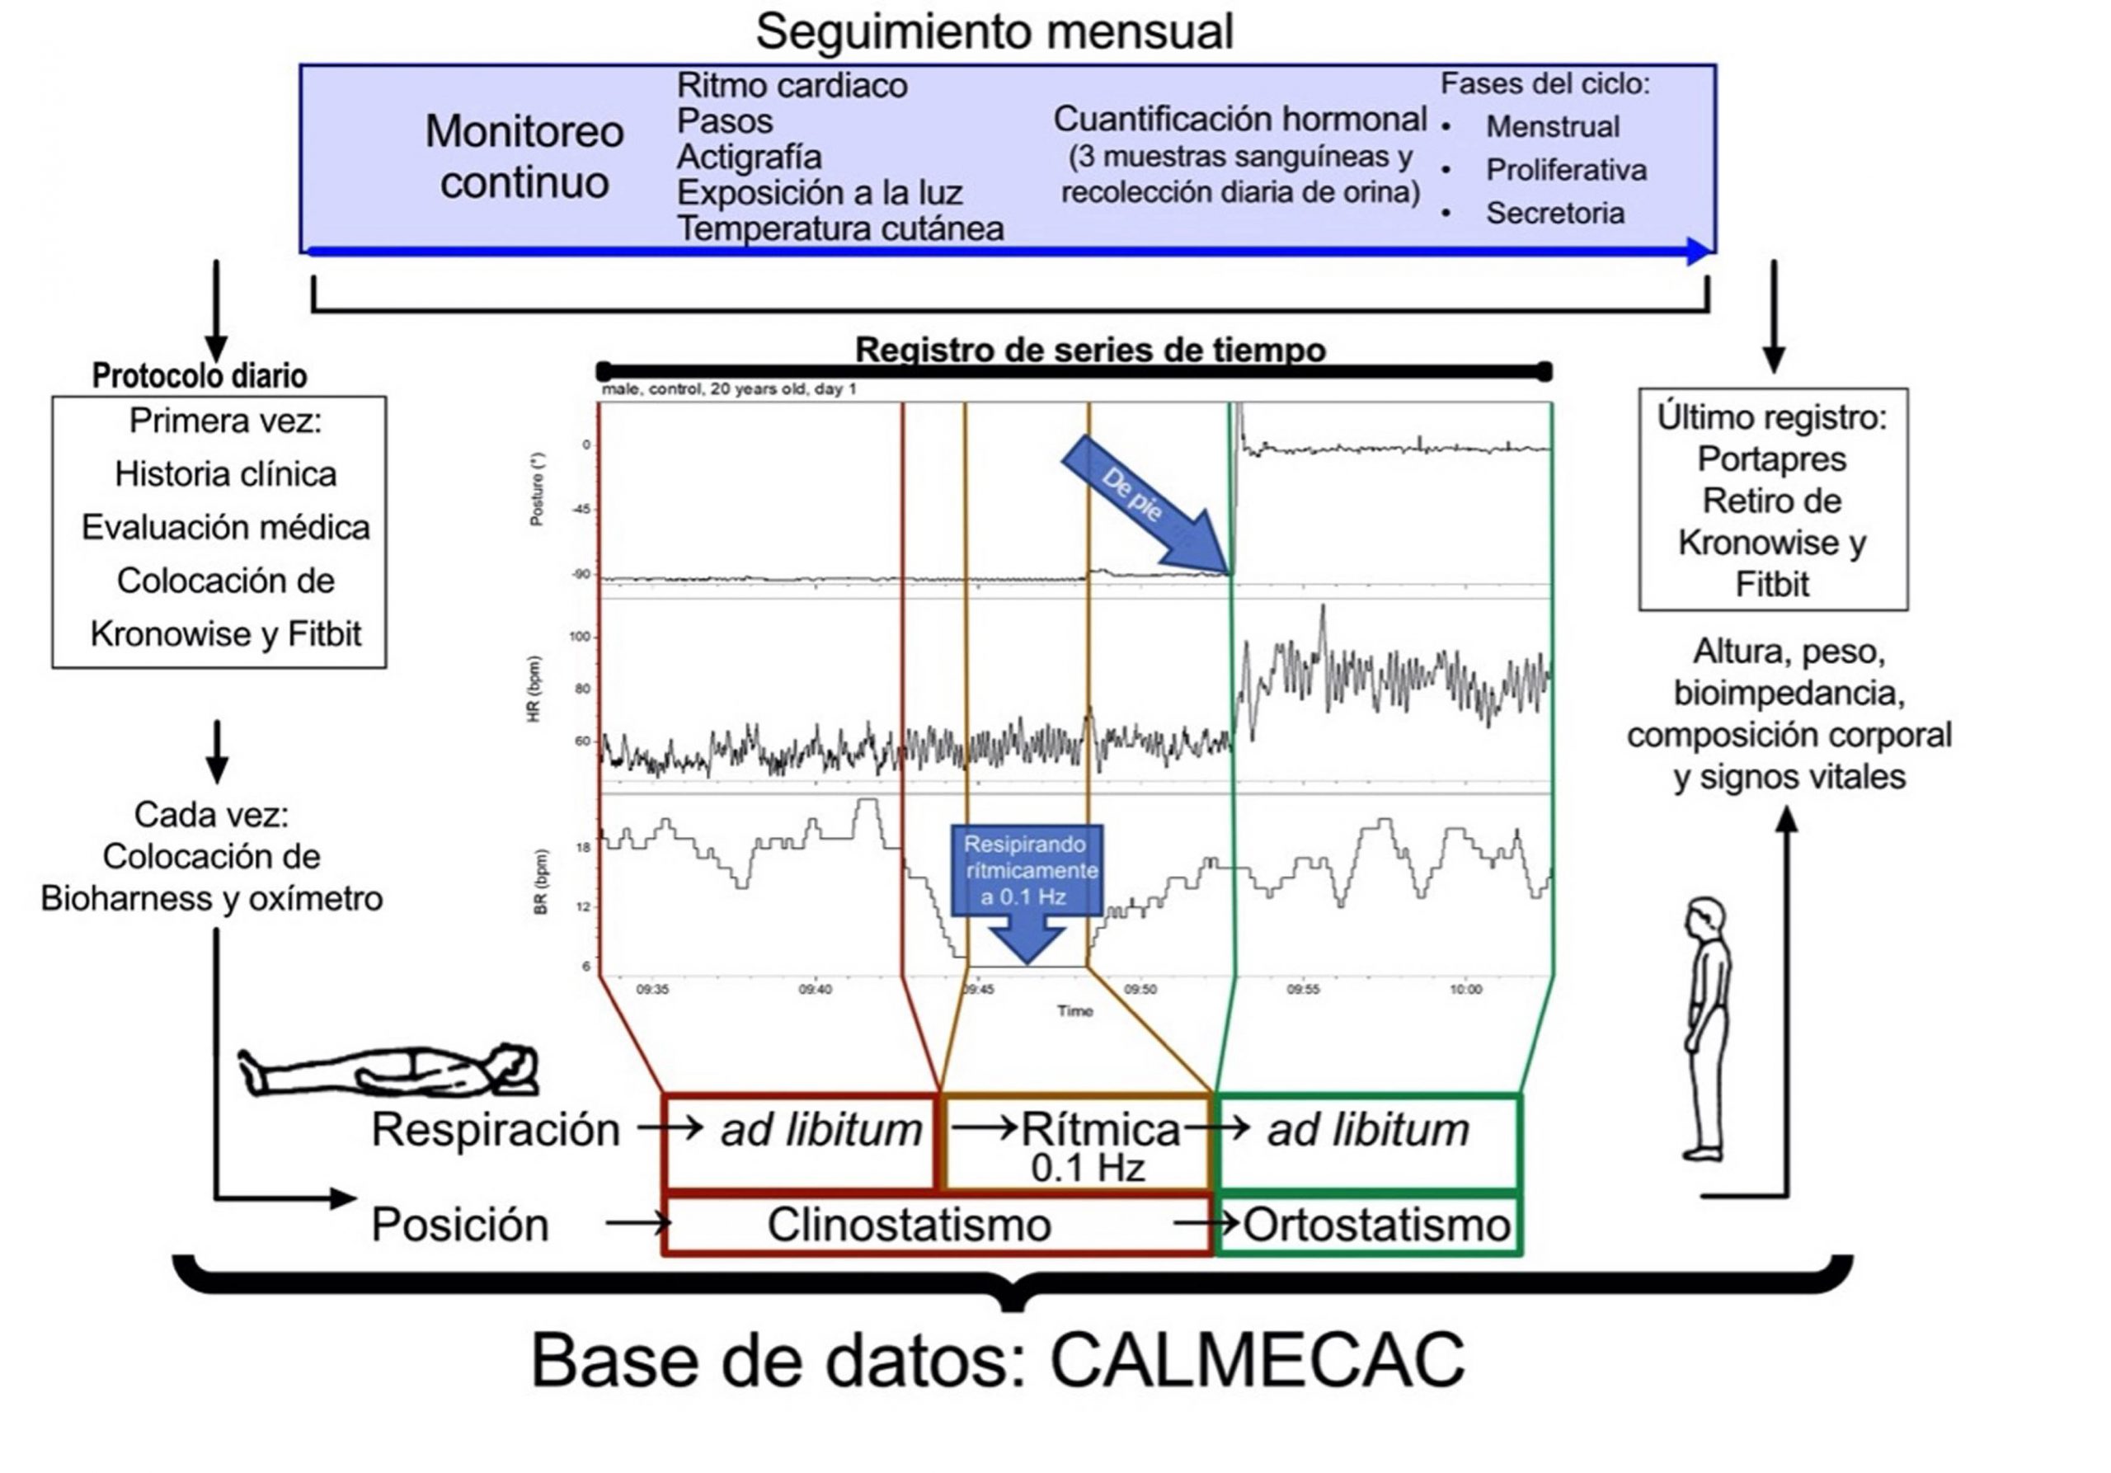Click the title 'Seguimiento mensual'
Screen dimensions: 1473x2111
993,32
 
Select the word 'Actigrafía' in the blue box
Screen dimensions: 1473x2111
749,158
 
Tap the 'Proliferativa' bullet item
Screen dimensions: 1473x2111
1566,170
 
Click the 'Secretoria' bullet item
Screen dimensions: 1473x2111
1554,214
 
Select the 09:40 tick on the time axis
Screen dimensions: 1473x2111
815,990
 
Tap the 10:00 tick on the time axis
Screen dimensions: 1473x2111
1465,990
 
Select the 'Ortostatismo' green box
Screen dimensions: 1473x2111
1368,1226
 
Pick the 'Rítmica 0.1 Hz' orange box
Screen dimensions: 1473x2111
1077,1143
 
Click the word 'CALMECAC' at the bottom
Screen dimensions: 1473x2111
1257,1362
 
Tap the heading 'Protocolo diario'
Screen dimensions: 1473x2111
200,376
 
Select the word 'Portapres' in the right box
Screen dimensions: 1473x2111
1772,459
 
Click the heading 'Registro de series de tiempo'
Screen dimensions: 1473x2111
1090,351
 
